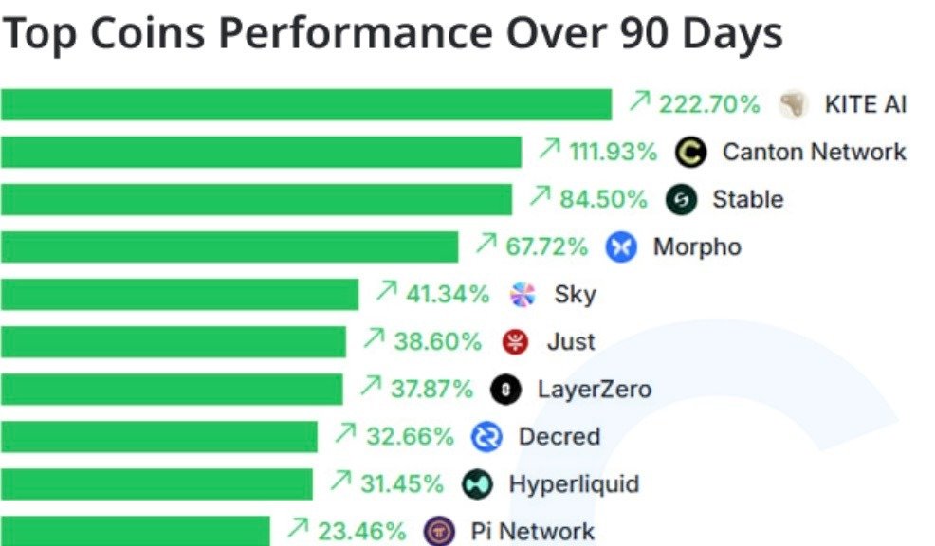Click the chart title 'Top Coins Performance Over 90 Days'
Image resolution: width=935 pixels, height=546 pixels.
pyautogui.click(x=392, y=34)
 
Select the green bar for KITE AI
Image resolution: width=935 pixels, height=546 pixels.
pyautogui.click(x=305, y=104)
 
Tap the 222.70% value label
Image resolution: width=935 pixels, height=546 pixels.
pyautogui.click(x=709, y=104)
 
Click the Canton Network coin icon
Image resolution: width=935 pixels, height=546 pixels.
pyautogui.click(x=692, y=152)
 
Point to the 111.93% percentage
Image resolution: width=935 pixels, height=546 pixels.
pyautogui.click(x=612, y=152)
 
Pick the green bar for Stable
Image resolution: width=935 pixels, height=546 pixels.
pyautogui.click(x=256, y=199)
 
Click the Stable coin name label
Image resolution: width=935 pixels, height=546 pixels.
pyautogui.click(x=747, y=199)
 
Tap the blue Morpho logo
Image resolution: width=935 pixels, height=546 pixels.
pyautogui.click(x=621, y=247)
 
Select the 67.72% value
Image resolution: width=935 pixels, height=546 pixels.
pyautogui.click(x=546, y=247)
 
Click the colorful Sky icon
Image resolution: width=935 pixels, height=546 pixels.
pyautogui.click(x=522, y=295)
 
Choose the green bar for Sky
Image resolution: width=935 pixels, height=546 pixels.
pyautogui.click(x=179, y=295)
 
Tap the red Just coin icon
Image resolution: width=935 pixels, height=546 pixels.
pyautogui.click(x=515, y=341)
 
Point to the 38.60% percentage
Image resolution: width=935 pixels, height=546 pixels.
pyautogui.click(x=437, y=341)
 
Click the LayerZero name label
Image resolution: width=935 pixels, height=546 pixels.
pyautogui.click(x=594, y=389)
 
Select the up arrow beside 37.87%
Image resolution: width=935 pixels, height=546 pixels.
pyautogui.click(x=371, y=387)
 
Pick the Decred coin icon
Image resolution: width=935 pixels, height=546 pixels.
pyautogui.click(x=486, y=437)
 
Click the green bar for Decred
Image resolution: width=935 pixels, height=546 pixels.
pyautogui.click(x=158, y=437)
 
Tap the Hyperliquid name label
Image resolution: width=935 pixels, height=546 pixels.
pyautogui.click(x=574, y=484)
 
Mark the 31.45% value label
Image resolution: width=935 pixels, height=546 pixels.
pyautogui.click(x=401, y=484)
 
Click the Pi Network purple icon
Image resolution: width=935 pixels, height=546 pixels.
pyautogui.click(x=439, y=531)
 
